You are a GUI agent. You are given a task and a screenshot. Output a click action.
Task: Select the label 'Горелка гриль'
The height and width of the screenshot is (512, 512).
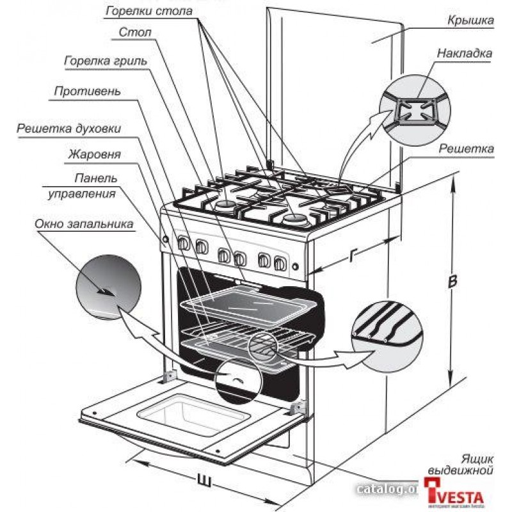click(x=106, y=61)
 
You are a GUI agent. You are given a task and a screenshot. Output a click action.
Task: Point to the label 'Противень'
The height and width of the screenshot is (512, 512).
click(x=87, y=91)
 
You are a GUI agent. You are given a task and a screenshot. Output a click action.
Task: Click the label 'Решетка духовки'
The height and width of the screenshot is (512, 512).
click(x=69, y=128)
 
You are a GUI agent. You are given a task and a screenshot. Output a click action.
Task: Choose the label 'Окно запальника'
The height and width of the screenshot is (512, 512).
click(x=84, y=224)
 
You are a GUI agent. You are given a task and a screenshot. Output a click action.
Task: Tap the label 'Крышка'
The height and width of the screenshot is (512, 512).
click(x=470, y=20)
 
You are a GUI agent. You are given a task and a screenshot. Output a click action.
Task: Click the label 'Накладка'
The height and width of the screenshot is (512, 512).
click(x=465, y=54)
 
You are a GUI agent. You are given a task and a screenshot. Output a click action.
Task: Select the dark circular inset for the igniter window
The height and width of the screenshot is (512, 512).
click(x=108, y=288)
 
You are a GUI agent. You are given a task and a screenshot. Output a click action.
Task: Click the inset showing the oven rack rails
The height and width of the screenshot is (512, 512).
click(x=387, y=326)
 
